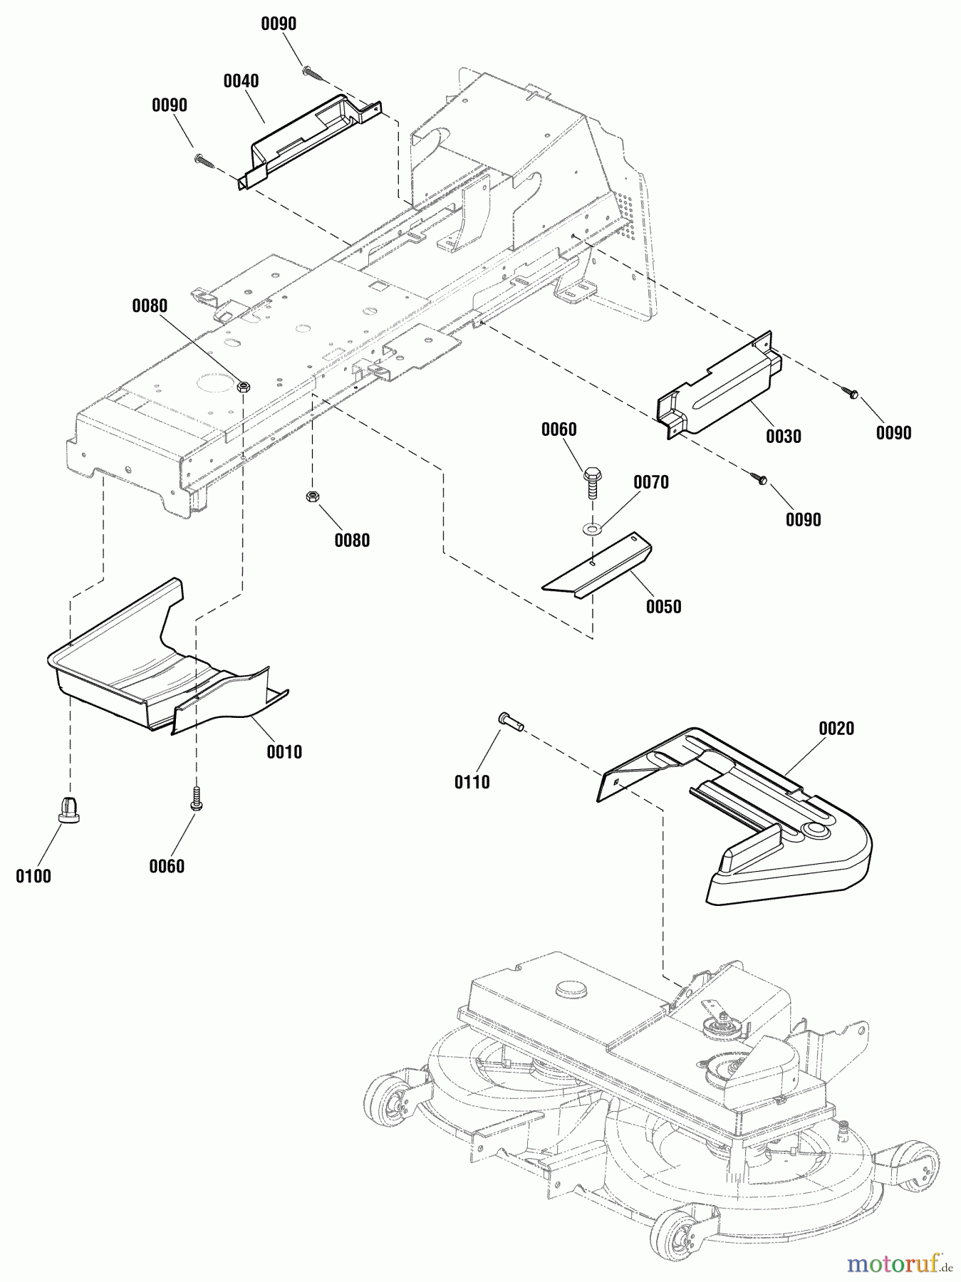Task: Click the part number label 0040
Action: pos(241,81)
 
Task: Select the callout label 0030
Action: pos(783,437)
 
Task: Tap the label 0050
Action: pos(663,607)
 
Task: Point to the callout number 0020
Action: pos(836,729)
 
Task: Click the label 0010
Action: pos(284,752)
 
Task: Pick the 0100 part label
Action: pos(33,876)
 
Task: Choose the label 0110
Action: pos(472,783)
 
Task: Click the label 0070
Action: pos(651,483)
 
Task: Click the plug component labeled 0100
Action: pos(68,809)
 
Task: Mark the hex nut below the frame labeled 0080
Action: pos(311,497)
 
